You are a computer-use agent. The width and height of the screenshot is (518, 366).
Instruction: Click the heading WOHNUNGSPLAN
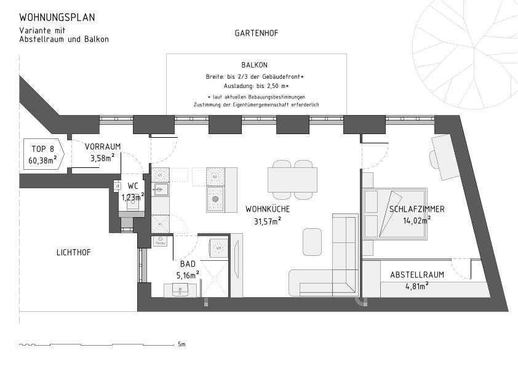click(x=57, y=18)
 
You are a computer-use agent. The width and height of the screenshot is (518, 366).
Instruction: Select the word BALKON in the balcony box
click(x=255, y=65)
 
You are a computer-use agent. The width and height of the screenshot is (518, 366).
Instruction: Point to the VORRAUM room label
click(x=102, y=146)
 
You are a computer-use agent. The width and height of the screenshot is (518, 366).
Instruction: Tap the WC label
click(x=133, y=186)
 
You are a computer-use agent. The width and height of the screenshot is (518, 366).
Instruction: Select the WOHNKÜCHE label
click(x=267, y=209)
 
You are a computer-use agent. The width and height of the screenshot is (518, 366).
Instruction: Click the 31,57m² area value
click(x=267, y=221)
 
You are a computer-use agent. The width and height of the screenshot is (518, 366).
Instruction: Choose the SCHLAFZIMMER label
click(x=416, y=209)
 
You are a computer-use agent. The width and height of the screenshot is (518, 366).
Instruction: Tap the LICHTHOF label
click(x=73, y=252)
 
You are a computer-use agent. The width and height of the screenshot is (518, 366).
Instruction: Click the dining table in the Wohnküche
click(x=292, y=180)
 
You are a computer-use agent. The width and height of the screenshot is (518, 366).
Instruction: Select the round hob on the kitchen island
click(x=215, y=199)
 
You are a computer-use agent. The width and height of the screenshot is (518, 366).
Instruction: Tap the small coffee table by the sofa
click(x=312, y=242)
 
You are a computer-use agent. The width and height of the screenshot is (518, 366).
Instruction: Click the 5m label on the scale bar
click(x=181, y=344)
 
